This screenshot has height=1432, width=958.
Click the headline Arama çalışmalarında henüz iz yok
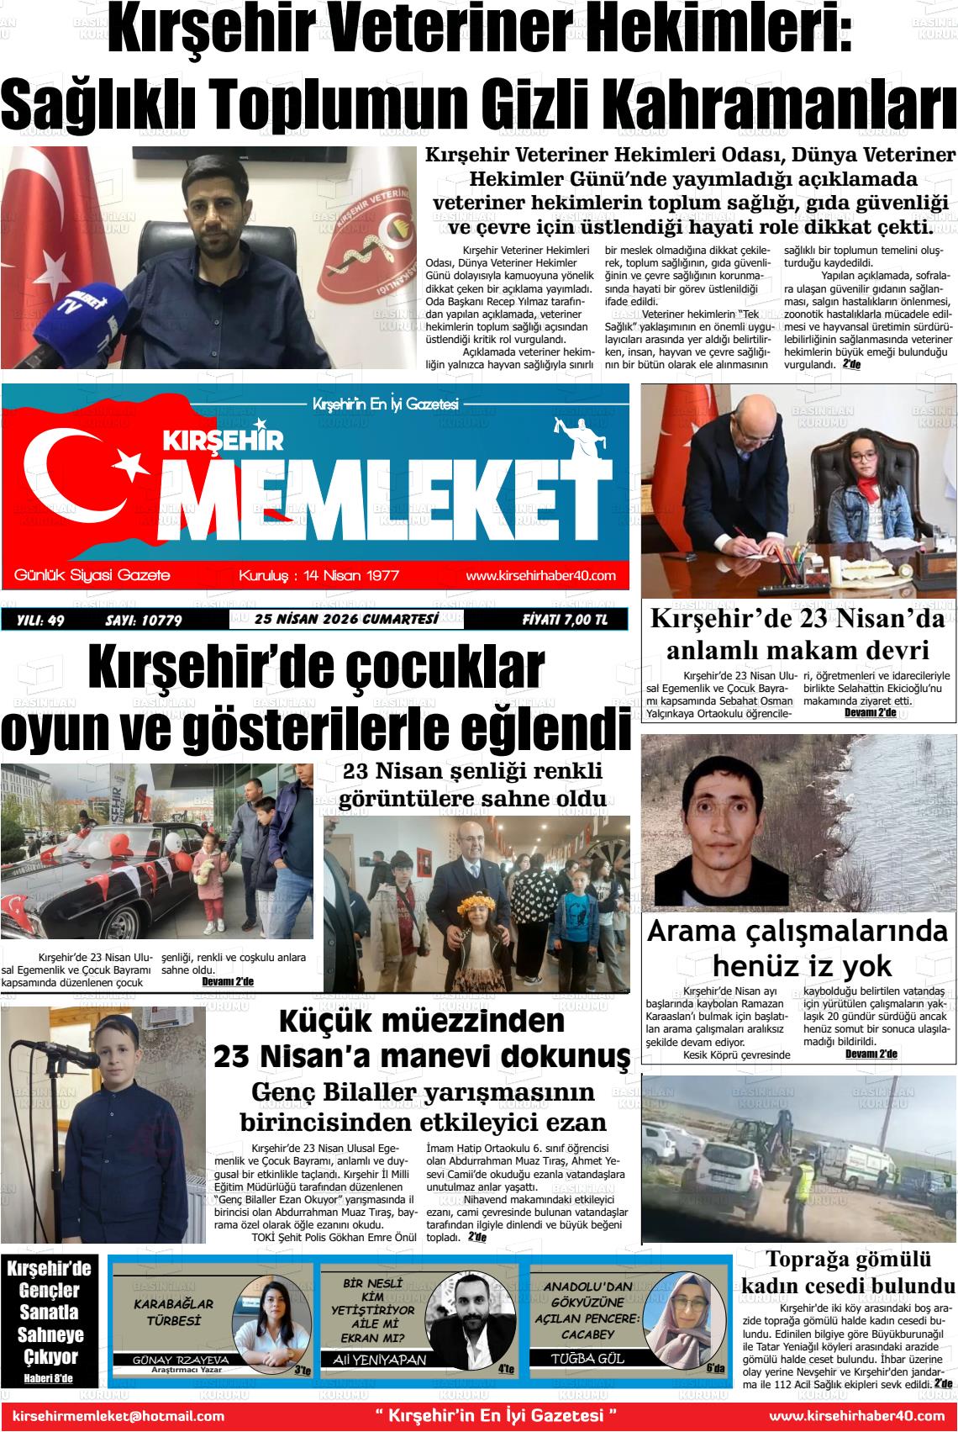pyautogui.click(x=797, y=948)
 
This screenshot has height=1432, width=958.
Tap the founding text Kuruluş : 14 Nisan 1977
pyautogui.click(x=318, y=576)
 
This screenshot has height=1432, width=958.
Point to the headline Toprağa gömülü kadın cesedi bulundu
pyautogui.click(x=848, y=1272)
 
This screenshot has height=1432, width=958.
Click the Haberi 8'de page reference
pyautogui.click(x=49, y=1378)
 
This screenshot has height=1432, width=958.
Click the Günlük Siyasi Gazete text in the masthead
pyautogui.click(x=92, y=576)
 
